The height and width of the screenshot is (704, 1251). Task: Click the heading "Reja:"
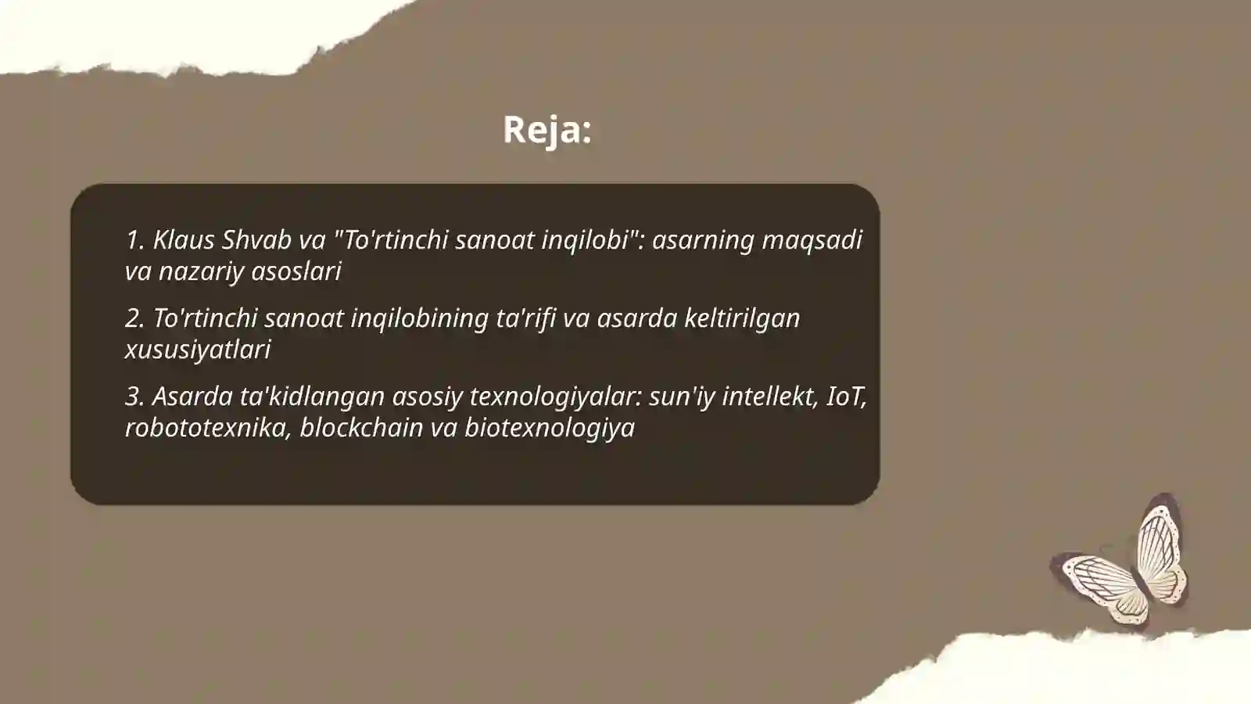(x=547, y=130)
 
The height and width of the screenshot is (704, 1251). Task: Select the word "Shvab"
(x=256, y=240)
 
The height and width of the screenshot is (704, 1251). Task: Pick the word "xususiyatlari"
(x=198, y=350)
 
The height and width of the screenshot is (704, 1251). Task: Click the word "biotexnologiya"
(x=550, y=428)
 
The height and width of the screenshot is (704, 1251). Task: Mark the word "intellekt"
(x=769, y=397)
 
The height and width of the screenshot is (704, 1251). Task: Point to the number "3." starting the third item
(x=134, y=397)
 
